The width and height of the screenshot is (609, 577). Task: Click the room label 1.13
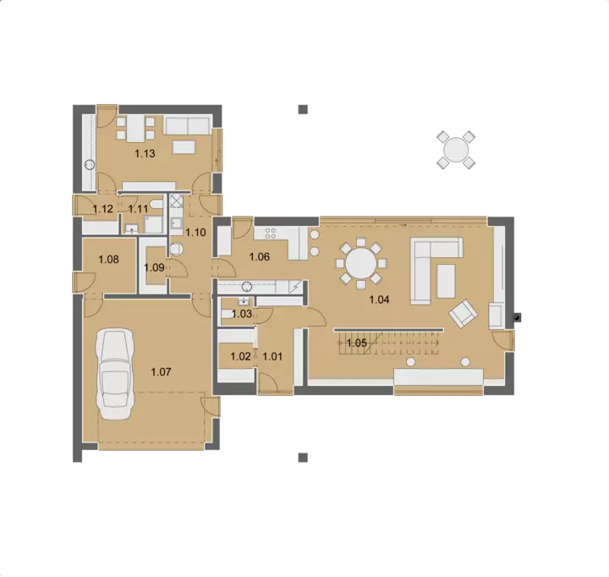[145, 153]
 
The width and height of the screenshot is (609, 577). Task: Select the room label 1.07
[161, 372]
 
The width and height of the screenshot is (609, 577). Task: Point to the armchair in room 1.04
[463, 313]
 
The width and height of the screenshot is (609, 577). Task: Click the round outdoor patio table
[456, 150]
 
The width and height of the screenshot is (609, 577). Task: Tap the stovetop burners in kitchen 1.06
[271, 234]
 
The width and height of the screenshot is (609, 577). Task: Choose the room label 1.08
[108, 259]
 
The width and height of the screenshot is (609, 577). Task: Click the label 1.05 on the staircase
[357, 343]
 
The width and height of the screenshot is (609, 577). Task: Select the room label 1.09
[154, 267]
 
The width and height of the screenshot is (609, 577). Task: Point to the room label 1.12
[103, 209]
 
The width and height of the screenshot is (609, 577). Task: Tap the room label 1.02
[240, 356]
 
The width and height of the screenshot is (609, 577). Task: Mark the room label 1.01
[272, 356]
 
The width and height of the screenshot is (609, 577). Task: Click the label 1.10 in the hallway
[195, 233]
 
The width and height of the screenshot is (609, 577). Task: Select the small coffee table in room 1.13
[184, 147]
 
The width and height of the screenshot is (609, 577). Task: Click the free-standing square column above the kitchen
[303, 109]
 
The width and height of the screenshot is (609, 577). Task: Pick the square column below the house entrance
[303, 458]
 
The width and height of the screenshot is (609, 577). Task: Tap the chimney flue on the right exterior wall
[517, 317]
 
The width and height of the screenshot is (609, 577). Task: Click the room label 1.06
[260, 257]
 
